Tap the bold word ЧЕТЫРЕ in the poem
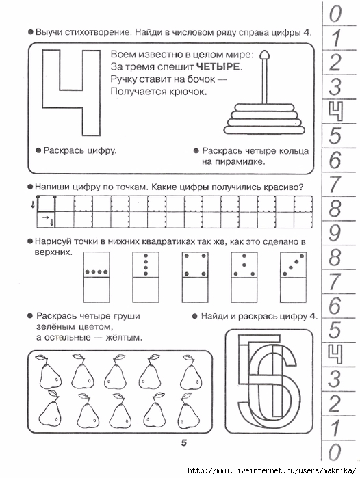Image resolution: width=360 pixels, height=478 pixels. pos(218,66)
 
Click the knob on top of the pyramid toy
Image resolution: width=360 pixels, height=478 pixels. pos(264,55)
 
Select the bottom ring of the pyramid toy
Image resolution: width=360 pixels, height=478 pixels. pos(264,130)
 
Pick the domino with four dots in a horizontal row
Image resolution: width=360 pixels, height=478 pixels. pos(97,277)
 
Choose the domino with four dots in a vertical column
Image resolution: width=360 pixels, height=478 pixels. pos(146,277)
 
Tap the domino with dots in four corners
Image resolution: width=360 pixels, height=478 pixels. pos(195,277)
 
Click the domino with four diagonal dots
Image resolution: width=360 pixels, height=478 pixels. pos(293,277)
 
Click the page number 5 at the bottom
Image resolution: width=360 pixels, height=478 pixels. pos(184,442)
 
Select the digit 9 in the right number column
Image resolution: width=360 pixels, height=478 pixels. pos(335,233)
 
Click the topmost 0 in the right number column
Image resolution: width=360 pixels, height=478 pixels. pos(335,14)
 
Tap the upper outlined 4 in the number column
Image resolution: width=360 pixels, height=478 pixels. pos(335,111)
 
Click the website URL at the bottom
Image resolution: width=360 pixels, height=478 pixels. pos(272,470)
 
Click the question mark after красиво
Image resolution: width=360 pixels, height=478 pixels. pos(301,187)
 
